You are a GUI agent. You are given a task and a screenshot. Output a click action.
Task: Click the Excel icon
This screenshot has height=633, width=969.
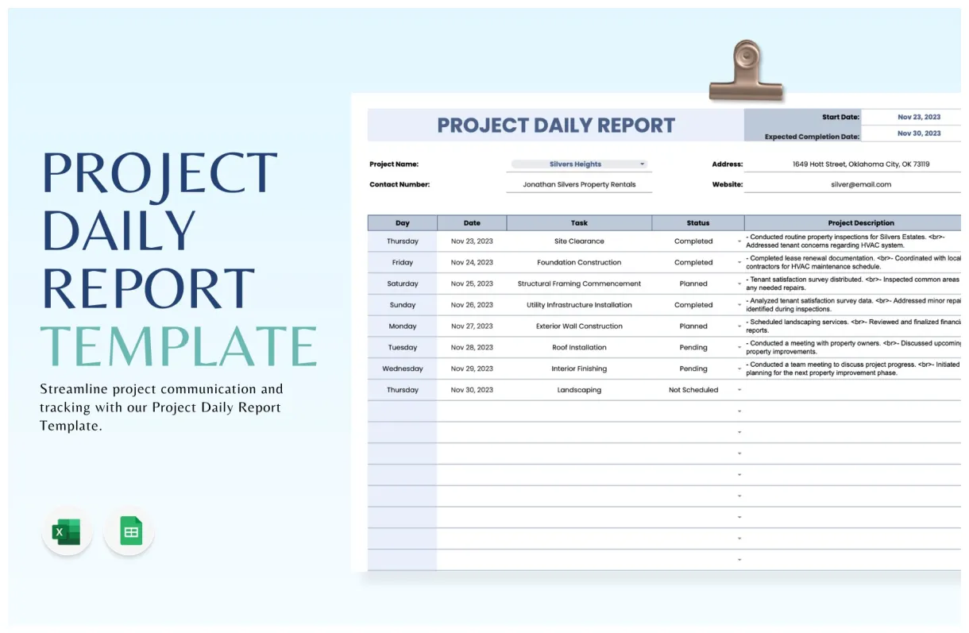67,531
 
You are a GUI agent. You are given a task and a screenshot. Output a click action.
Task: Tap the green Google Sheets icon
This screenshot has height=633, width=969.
129,531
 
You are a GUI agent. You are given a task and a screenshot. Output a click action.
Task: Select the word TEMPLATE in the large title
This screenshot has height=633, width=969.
178,346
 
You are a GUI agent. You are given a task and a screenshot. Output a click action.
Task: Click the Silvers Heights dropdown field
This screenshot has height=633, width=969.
577,164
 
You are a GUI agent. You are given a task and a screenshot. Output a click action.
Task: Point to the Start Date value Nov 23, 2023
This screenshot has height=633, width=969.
918,117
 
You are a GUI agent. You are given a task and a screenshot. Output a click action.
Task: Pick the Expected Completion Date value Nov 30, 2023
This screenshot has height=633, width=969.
918,133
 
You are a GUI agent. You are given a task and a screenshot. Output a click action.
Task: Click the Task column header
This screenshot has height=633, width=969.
579,223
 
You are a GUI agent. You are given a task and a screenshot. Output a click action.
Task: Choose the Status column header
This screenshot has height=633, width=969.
697,223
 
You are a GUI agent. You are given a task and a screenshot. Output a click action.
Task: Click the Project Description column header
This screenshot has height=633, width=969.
860,223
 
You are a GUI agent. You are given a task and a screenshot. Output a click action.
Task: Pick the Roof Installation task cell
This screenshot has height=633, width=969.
579,347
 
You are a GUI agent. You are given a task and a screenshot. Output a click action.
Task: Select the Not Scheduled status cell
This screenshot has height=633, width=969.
693,390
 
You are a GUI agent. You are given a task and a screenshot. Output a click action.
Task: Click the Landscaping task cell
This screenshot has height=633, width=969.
579,390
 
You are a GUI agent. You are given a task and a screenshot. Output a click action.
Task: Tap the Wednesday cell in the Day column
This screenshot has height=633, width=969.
402,369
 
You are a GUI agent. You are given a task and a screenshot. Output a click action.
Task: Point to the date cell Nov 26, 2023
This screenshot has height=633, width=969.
472,305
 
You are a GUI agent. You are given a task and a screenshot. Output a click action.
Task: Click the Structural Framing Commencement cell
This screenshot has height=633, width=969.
579,284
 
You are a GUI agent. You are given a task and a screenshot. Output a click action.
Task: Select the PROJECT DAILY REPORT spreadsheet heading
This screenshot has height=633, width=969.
556,125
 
